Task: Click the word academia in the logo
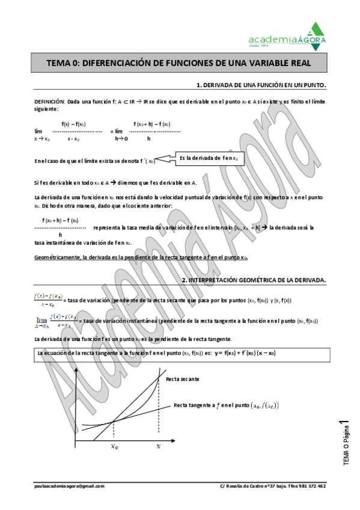coord(272,40)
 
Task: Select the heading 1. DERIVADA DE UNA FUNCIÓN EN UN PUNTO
coord(261,85)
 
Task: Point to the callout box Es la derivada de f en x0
coord(209,159)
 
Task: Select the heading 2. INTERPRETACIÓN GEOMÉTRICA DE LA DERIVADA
coord(253,280)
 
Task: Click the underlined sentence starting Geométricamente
coord(141,257)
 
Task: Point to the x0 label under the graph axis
coord(114,446)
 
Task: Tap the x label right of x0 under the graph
coord(158,446)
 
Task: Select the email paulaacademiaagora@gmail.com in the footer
coord(69,486)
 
